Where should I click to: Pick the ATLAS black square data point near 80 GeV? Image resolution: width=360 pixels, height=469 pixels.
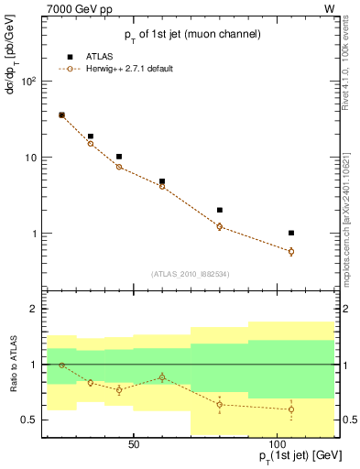(220, 210)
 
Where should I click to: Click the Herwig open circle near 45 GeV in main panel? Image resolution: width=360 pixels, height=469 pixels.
(119, 167)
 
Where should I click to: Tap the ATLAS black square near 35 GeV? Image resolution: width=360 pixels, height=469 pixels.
(91, 136)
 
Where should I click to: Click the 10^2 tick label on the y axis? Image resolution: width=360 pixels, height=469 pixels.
(29, 82)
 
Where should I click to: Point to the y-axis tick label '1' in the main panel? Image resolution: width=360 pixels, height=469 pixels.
(34, 234)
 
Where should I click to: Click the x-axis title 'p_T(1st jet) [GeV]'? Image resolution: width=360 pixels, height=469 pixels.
(289, 456)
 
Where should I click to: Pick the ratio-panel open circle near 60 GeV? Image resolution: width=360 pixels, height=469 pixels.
(162, 377)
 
